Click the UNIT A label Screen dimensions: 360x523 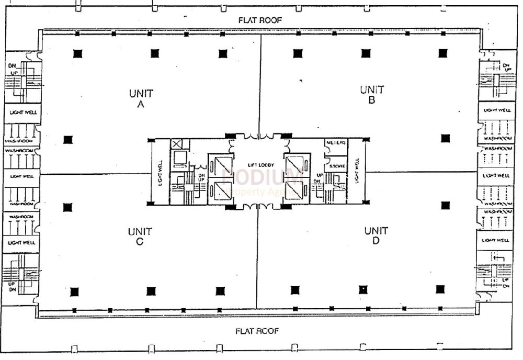pos(141,98)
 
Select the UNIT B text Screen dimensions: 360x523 pos(372,95)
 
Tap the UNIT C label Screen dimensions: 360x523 pos(140,236)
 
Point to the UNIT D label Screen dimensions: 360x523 pos(376,235)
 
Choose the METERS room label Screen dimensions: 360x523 pos(335,143)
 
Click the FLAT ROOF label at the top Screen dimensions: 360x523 pos(260,20)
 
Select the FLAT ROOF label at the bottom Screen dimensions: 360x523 pos(257,331)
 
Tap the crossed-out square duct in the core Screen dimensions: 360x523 pos(178,144)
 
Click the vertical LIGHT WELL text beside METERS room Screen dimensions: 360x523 pos(357,171)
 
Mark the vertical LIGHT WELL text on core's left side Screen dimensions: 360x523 pos(161,173)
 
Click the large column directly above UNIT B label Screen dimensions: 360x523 pos(365,53)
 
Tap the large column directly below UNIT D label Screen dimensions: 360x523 pos(363,289)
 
